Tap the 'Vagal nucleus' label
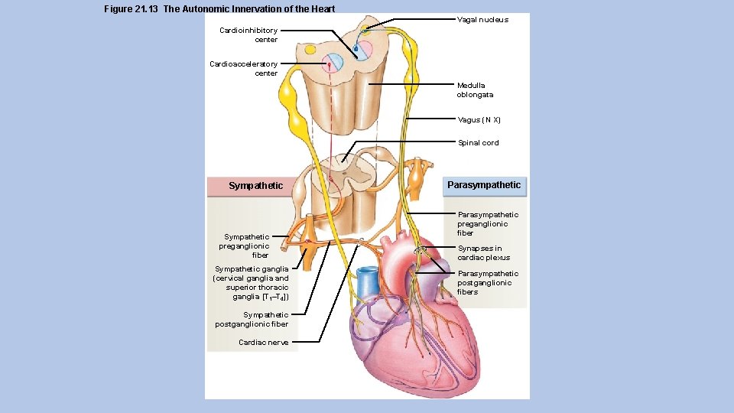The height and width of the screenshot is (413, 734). pyautogui.click(x=482, y=20)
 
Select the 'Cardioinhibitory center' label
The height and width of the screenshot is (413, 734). pyautogui.click(x=248, y=35)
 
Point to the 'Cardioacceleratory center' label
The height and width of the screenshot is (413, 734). pyautogui.click(x=244, y=69)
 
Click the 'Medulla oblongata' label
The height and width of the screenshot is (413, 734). pyautogui.click(x=475, y=90)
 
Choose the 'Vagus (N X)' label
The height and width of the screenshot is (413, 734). pyautogui.click(x=479, y=120)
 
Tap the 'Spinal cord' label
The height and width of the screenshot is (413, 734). pyautogui.click(x=478, y=143)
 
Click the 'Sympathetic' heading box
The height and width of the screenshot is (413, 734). pyautogui.click(x=255, y=186)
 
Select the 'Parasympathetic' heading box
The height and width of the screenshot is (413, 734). pyautogui.click(x=484, y=185)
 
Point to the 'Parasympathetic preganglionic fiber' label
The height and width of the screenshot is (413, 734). pyautogui.click(x=487, y=224)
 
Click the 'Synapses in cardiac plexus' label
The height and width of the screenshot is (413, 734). pyautogui.click(x=483, y=253)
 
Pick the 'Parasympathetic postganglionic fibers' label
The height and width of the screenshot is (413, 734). pyautogui.click(x=487, y=282)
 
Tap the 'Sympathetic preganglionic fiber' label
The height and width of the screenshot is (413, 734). pyautogui.click(x=244, y=246)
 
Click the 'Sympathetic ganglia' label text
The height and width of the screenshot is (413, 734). pyautogui.click(x=252, y=283)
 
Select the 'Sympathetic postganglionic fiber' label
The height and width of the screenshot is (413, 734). pyautogui.click(x=252, y=320)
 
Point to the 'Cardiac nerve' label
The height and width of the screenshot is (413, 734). pyautogui.click(x=264, y=343)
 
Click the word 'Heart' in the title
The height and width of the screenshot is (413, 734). pyautogui.click(x=322, y=9)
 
